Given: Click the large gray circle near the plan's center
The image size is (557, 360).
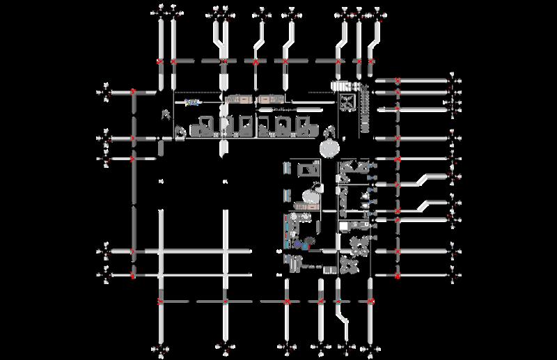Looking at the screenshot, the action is pos(328,148).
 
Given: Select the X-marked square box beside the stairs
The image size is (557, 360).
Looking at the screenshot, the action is pos(345,102).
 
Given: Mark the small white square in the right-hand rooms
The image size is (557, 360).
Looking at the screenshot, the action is pos(343,228).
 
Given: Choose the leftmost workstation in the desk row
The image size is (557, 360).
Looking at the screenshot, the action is pos(205,125).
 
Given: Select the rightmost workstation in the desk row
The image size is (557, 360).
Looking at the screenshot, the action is pos(305,125).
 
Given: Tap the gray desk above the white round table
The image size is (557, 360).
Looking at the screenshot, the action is pos(306,169).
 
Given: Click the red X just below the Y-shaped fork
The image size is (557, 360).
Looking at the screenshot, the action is pos(223,62).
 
